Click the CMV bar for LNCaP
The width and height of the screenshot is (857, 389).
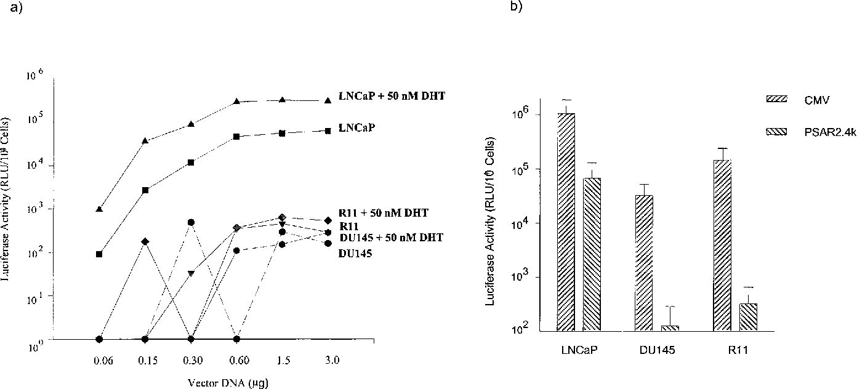(566, 222)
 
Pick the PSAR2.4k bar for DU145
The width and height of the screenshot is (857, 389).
(670, 327)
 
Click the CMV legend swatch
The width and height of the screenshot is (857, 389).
(774, 98)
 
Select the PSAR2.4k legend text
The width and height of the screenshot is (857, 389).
(819, 132)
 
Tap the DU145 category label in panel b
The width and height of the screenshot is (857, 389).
(657, 350)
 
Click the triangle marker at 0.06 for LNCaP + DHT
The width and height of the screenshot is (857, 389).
(99, 209)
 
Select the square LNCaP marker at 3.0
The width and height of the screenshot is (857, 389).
(328, 130)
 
